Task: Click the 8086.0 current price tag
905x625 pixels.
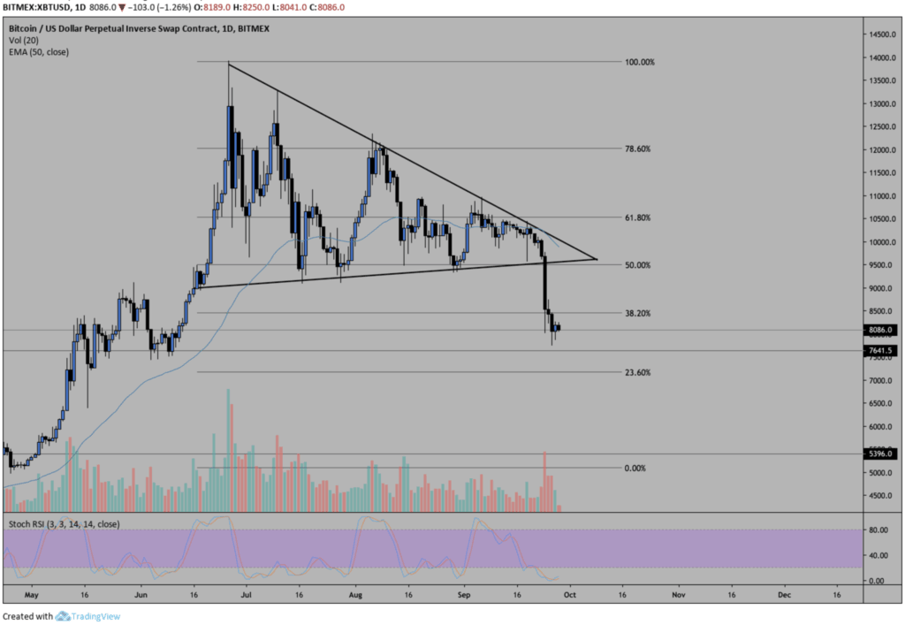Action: click(x=880, y=331)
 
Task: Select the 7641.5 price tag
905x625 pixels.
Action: click(x=880, y=351)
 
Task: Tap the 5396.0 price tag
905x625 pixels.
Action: click(x=880, y=454)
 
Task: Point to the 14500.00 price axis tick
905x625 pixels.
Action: click(x=882, y=34)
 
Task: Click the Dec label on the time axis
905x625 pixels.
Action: click(x=784, y=596)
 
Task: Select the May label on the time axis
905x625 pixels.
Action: click(x=33, y=596)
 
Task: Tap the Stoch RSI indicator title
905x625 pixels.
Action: click(x=64, y=524)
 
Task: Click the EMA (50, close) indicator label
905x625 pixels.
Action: click(x=39, y=52)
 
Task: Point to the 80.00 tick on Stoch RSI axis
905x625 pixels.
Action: click(x=878, y=530)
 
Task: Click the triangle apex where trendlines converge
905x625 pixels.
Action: click(x=597, y=259)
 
